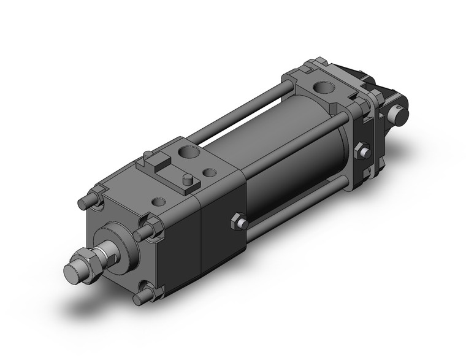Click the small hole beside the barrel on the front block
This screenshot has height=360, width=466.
[x=210, y=173]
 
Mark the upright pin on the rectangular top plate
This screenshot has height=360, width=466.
[x=188, y=180]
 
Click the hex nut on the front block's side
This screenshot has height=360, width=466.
[x=239, y=222]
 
